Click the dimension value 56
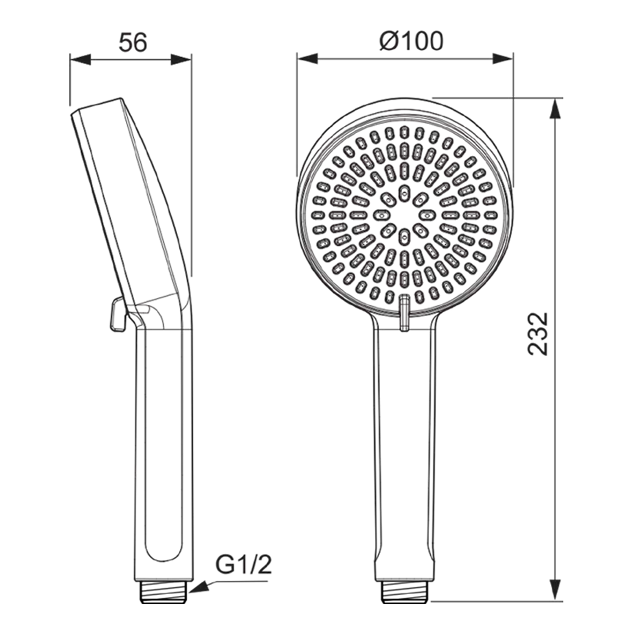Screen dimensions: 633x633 point(133,43)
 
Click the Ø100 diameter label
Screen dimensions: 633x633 point(411,41)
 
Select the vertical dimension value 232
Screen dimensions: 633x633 point(538,333)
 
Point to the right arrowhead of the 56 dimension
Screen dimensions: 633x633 point(181,60)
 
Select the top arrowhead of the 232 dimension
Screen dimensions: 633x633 point(556,109)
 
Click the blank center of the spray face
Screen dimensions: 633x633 point(404,215)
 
